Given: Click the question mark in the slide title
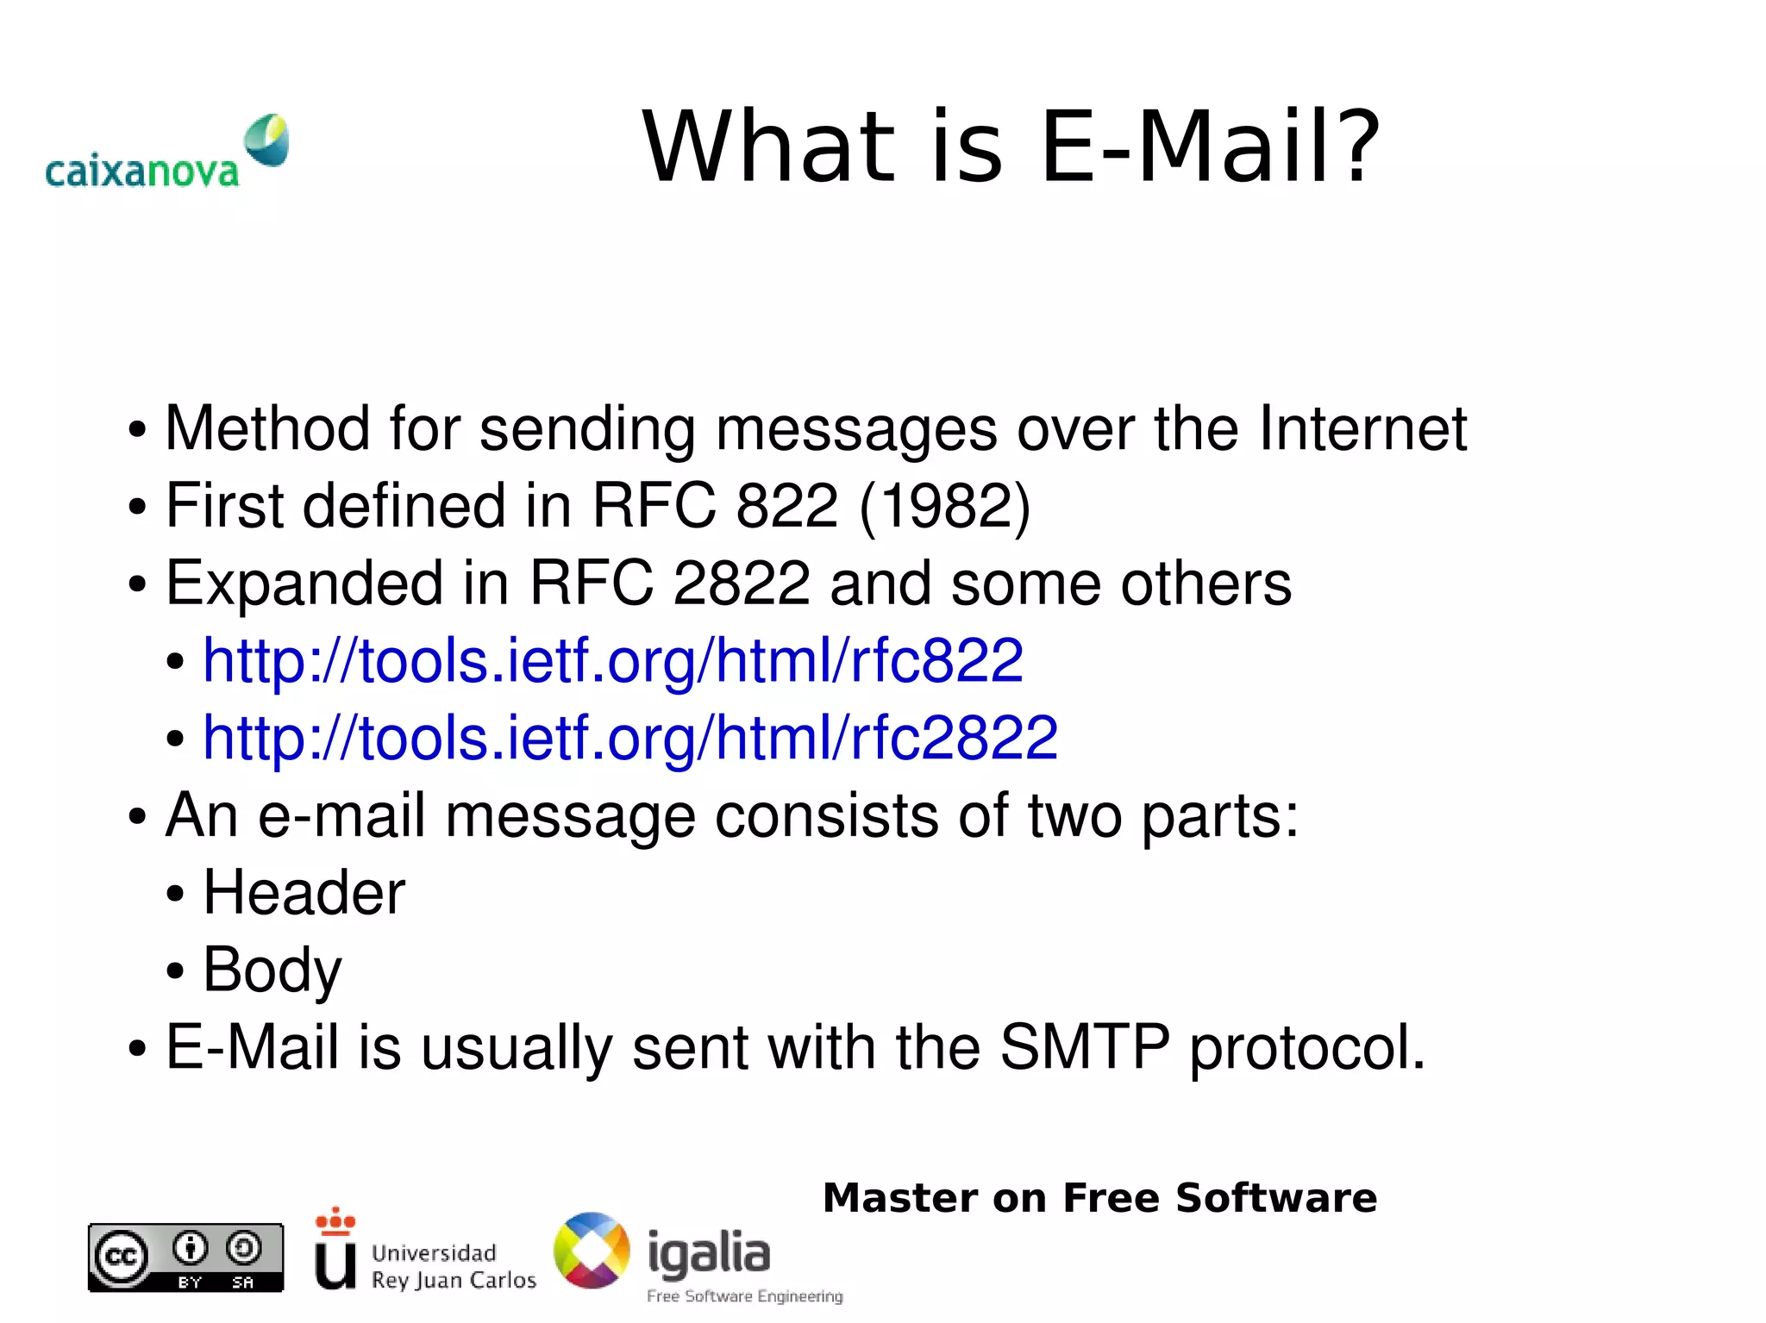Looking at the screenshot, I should (1353, 148).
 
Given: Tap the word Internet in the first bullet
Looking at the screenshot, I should (1362, 428).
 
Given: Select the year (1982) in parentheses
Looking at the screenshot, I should (944, 506).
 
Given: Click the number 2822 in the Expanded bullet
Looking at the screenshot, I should (741, 583).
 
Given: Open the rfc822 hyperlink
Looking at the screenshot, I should (612, 661).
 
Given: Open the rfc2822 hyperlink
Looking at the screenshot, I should (629, 739).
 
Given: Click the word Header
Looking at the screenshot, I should (304, 892).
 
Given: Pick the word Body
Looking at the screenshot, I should (272, 970).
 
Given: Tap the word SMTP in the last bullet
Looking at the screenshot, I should (1084, 1047).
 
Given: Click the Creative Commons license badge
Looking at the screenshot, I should (185, 1257).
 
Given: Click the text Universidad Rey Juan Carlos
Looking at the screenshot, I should (453, 1266).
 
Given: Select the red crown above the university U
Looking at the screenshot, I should (335, 1220).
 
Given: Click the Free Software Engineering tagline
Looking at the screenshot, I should (744, 1296).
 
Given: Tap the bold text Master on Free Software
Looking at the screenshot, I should (1099, 1198).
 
